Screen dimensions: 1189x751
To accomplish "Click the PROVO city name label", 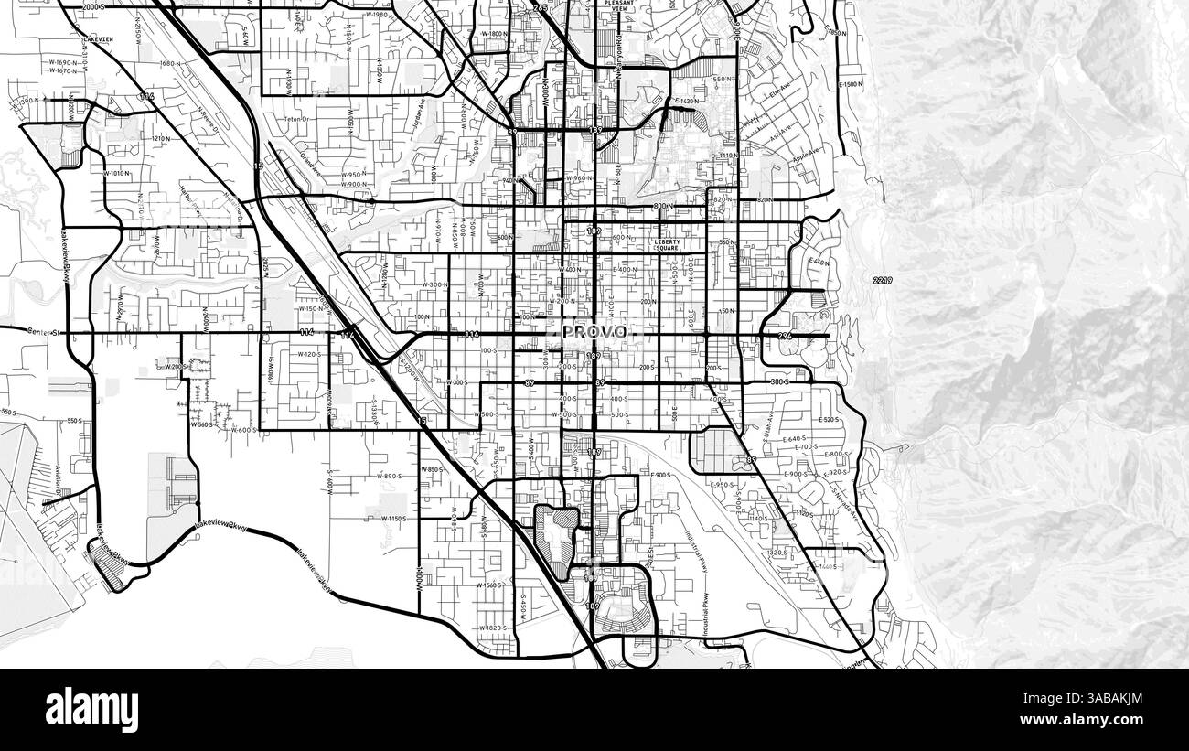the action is coord(594,331).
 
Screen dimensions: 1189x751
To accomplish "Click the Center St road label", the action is coord(42,331).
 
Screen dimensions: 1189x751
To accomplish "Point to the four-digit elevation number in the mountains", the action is coord(882,279).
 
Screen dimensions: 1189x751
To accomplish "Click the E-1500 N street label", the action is coord(850,84).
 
